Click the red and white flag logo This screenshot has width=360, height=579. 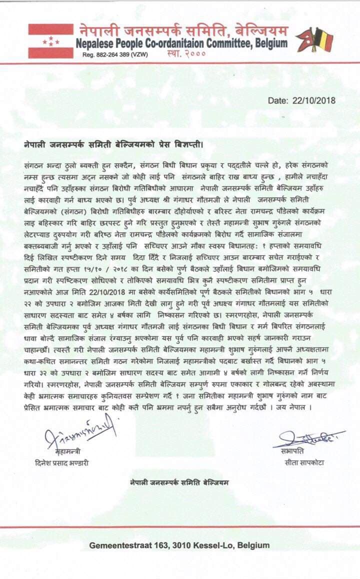[x=50, y=41]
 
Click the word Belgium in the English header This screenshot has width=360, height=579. [x=271, y=43]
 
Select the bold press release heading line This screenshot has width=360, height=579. [x=114, y=144]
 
